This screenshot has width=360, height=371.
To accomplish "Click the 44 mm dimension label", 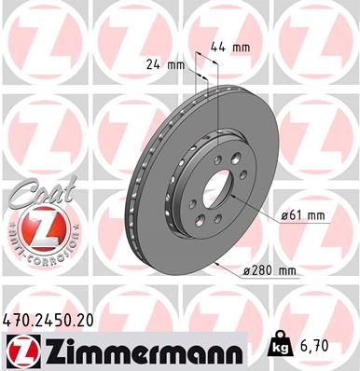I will [229, 46].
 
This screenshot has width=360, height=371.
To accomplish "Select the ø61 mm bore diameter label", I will [302, 216].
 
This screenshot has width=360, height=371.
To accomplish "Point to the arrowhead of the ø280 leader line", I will [215, 263].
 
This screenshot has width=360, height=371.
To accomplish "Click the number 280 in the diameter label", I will [263, 271].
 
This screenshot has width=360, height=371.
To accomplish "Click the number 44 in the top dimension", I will [220, 46].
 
